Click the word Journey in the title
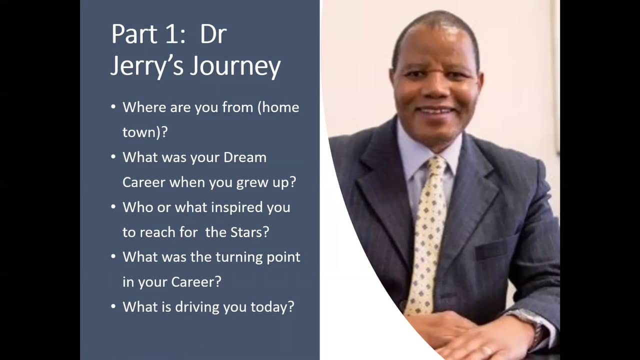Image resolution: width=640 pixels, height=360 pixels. pos(235,66)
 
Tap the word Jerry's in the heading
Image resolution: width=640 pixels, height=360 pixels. pos(147,66)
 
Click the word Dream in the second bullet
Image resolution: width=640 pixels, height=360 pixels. pos(245,157)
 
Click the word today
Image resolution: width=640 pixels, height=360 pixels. pos(272,307)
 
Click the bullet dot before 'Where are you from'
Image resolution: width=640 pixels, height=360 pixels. pos(113,107)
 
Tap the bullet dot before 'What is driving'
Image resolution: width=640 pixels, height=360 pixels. pos(113,306)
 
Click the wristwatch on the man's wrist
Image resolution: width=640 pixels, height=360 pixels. pos(532,325)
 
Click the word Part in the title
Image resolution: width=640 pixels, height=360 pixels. pos(134,34)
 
